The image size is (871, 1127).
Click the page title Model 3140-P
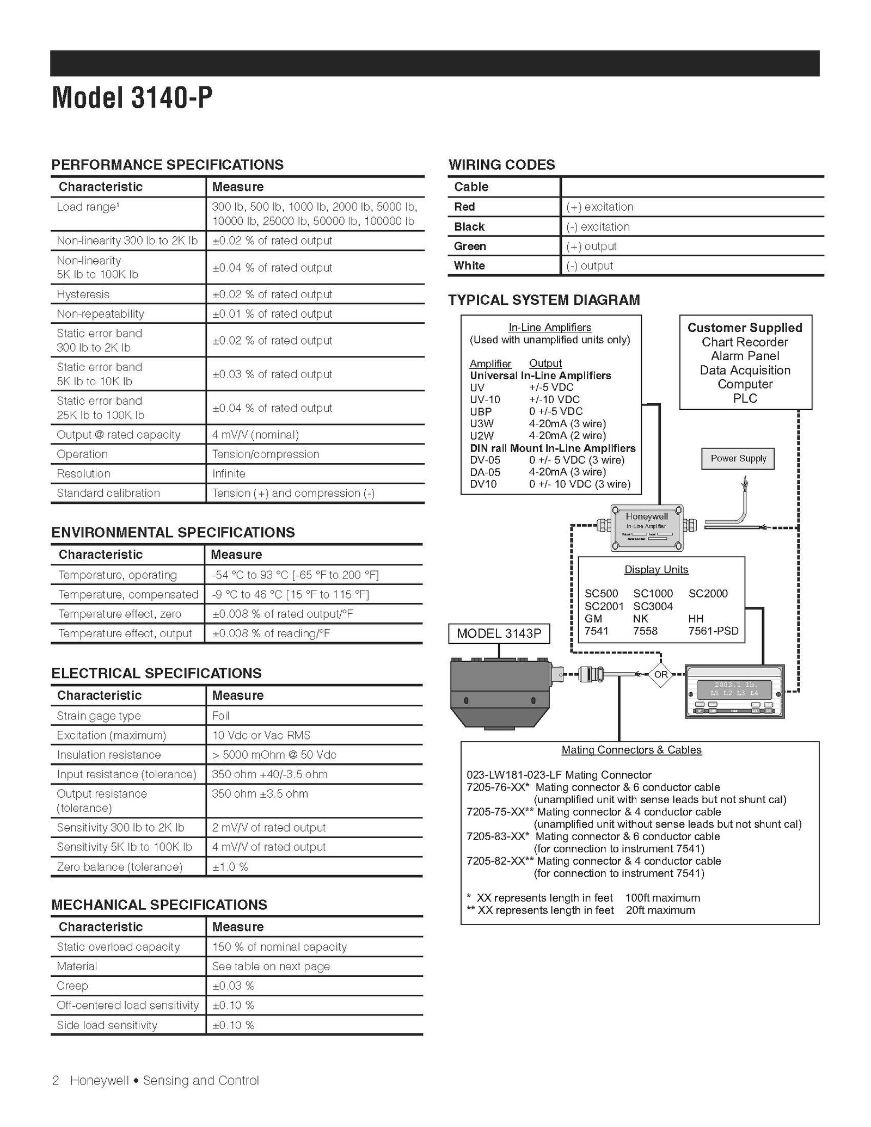(x=132, y=98)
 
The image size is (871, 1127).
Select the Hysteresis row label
(x=83, y=294)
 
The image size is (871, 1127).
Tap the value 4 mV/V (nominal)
(x=255, y=434)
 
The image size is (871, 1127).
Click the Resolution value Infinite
(x=229, y=473)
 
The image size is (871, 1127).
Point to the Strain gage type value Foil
(x=220, y=716)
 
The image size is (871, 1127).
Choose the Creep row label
(x=72, y=986)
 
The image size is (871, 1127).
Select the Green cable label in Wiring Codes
(x=470, y=246)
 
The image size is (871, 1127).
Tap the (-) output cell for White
(x=589, y=266)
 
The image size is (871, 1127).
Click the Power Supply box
(x=738, y=458)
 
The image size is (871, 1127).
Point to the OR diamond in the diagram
(x=660, y=674)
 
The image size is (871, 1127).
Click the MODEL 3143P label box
(x=499, y=633)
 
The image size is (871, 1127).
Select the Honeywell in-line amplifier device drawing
(x=646, y=526)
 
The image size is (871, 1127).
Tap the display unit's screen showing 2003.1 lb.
(x=735, y=688)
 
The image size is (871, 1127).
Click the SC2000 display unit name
(x=708, y=593)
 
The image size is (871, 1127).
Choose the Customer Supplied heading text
(x=745, y=328)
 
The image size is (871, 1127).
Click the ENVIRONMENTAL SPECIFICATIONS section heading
(x=173, y=532)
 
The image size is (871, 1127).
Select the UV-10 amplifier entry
(x=484, y=399)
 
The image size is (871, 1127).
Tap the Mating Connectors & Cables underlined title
(x=631, y=750)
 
